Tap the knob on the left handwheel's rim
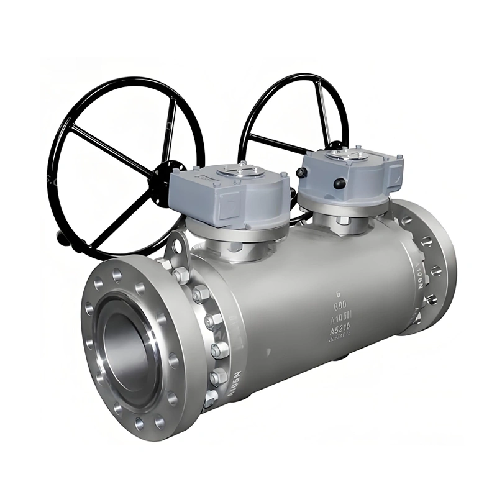click(x=60, y=237)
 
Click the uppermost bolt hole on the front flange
click(x=117, y=271)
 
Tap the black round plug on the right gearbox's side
click(x=340, y=184)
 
